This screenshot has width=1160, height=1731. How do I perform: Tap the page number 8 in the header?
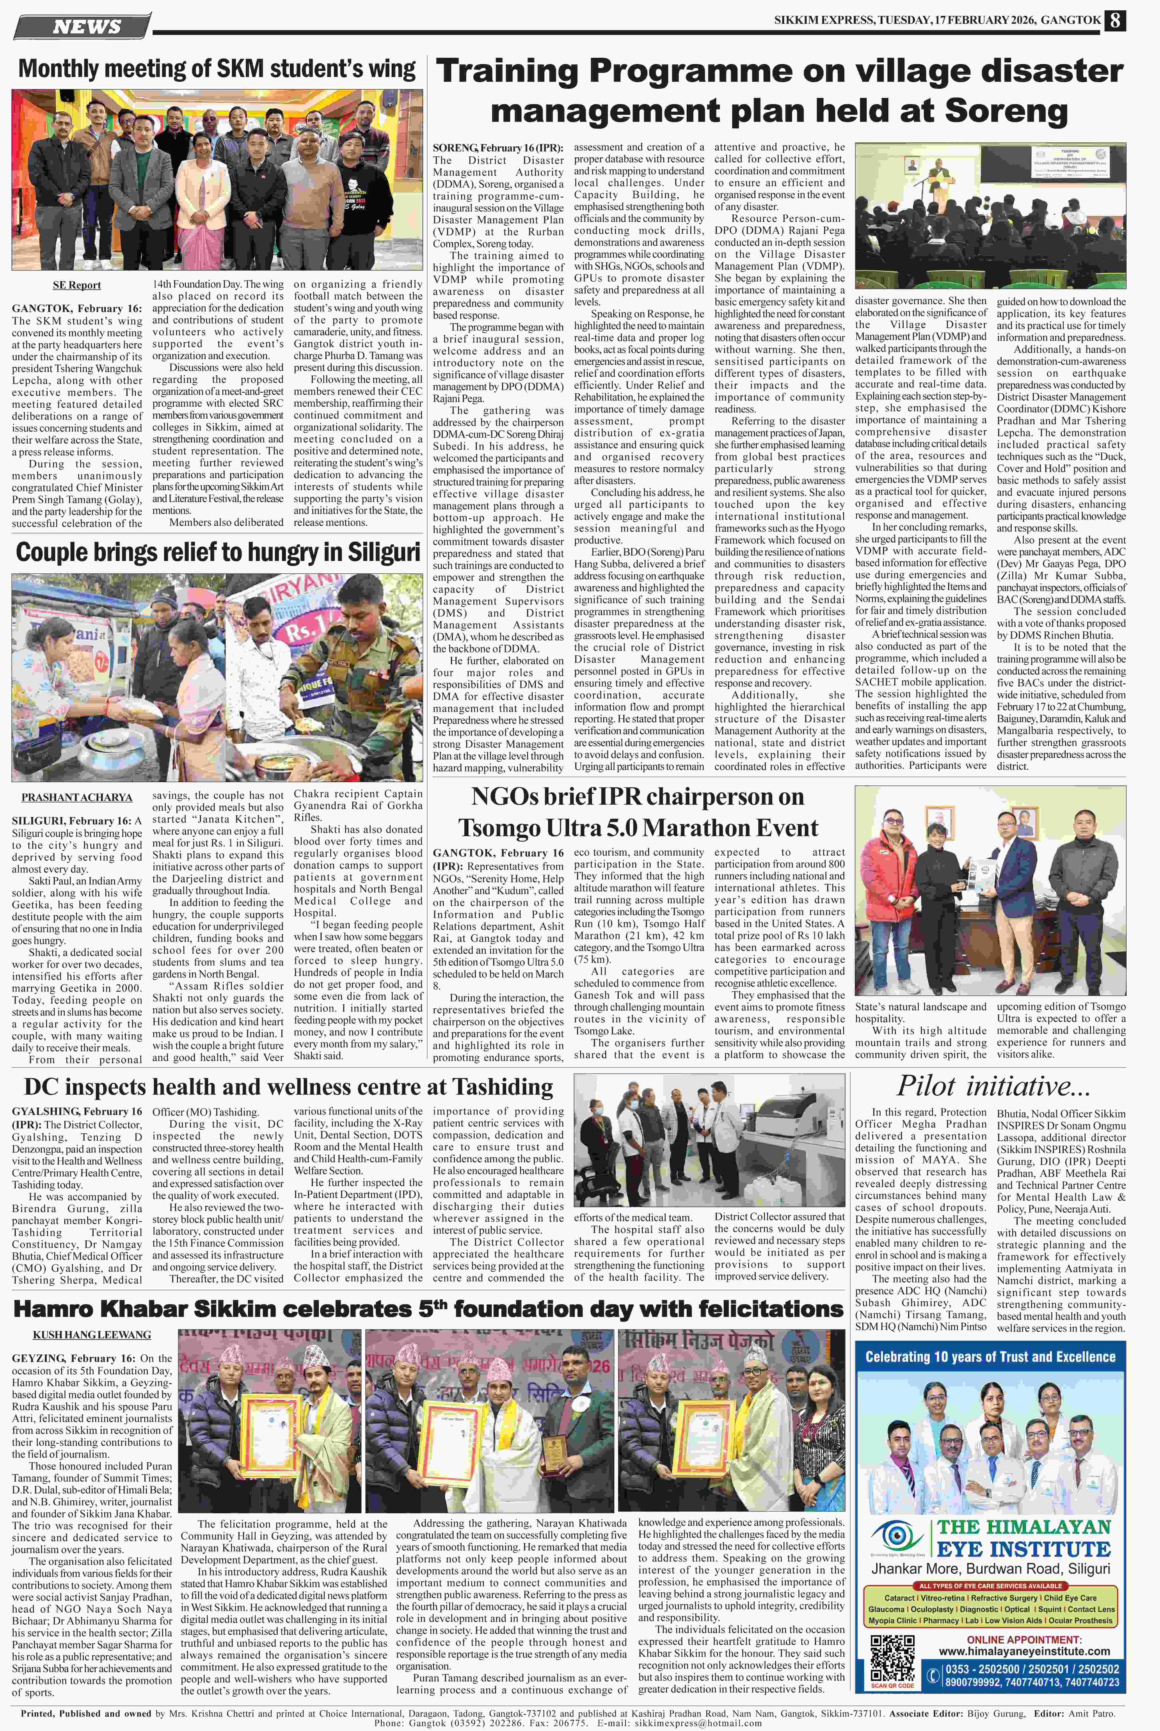[x=1115, y=21]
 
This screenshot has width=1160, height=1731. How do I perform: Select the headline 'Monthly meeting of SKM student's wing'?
[x=217, y=69]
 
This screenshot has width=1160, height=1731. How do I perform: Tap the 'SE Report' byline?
[x=77, y=285]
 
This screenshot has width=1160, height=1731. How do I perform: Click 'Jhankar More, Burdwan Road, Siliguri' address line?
[x=990, y=1568]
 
